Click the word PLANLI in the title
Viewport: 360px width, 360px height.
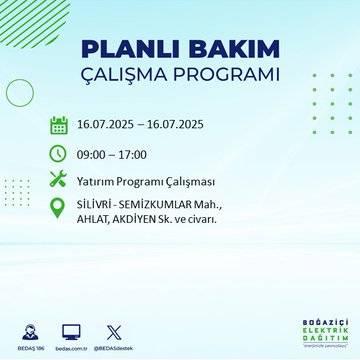tap(128, 50)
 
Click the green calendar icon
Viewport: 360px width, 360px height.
tap(59, 126)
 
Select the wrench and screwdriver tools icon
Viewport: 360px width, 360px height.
tap(59, 181)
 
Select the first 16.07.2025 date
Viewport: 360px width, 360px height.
tap(109, 126)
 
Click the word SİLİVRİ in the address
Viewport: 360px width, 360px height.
tap(97, 204)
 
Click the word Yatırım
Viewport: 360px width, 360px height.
tap(97, 181)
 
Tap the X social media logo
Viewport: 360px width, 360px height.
tap(112, 330)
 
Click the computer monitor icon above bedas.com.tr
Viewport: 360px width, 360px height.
tap(71, 330)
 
